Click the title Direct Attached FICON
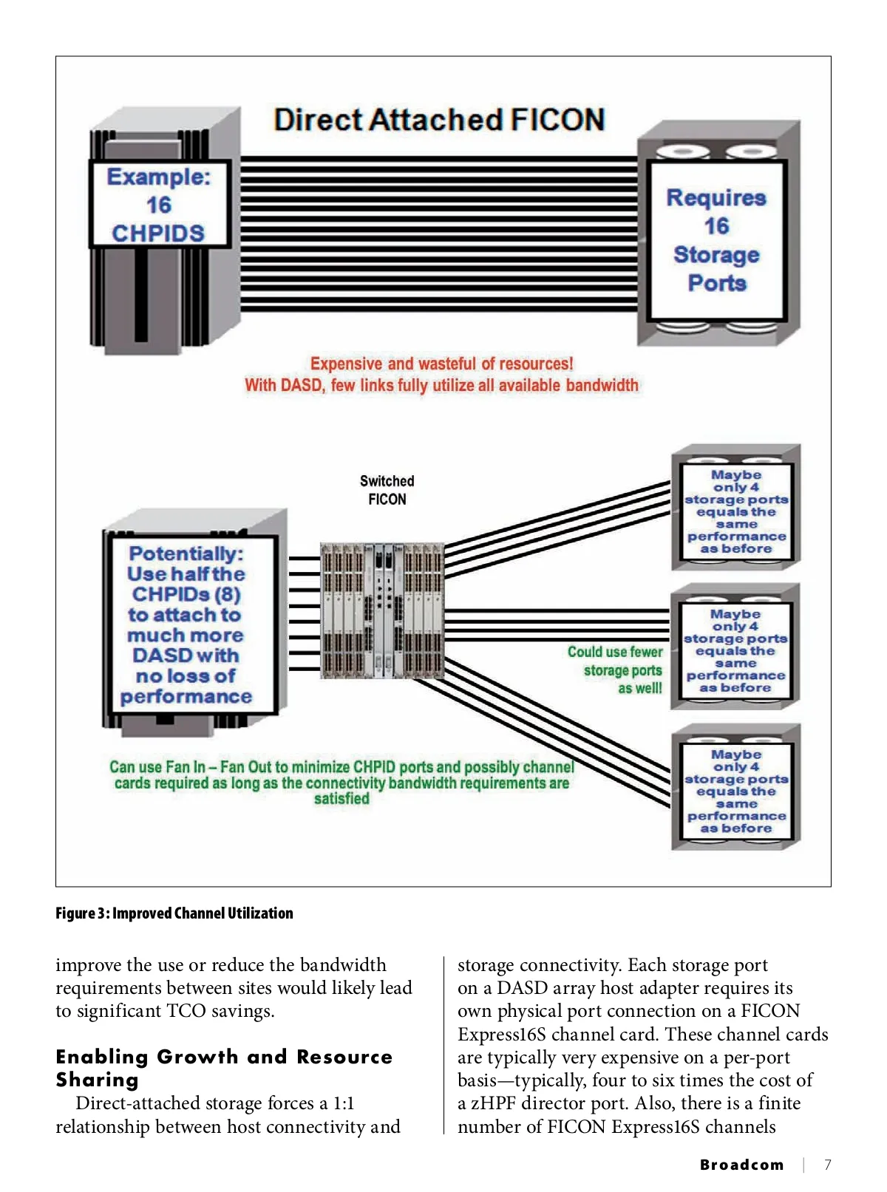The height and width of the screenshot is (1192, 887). pos(439,119)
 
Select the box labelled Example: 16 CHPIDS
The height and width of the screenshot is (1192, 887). pos(159,204)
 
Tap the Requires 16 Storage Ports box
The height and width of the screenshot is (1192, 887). pos(716,240)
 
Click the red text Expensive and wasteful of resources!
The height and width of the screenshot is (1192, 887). pos(441,364)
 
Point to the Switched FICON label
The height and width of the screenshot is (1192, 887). pos(387,490)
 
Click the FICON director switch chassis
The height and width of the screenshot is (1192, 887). pos(382,610)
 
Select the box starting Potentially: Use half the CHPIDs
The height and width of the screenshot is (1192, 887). pos(186,624)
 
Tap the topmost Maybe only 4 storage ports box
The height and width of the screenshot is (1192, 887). pos(736,511)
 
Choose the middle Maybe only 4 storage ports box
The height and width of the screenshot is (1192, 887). pos(735,651)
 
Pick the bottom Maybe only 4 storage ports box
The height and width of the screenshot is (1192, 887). pos(736,791)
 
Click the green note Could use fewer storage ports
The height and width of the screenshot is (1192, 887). pos(615,670)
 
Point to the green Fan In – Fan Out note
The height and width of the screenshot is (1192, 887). pos(342,783)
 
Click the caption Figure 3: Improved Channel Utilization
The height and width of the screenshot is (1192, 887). pos(174,913)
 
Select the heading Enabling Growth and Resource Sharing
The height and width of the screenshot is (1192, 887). pos(224,1068)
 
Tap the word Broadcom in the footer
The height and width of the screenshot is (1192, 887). pos(741,1165)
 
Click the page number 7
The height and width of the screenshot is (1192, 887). pos(827,1165)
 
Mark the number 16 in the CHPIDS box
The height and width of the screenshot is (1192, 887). pos(159,205)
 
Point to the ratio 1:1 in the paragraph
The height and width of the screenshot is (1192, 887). pos(344,1103)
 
